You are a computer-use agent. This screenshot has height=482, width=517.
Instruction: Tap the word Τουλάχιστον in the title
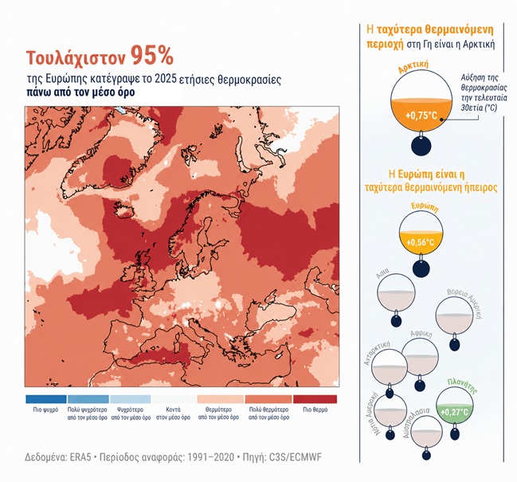[76, 58]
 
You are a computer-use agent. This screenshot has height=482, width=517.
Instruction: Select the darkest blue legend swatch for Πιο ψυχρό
[45, 399]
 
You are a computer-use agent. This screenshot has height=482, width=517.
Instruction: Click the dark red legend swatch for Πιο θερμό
[315, 399]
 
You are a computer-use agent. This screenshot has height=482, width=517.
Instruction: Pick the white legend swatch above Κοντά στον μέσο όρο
[180, 399]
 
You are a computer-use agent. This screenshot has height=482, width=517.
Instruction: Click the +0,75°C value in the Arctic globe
[421, 116]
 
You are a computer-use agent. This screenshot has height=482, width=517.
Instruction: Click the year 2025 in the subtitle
[185, 79]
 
